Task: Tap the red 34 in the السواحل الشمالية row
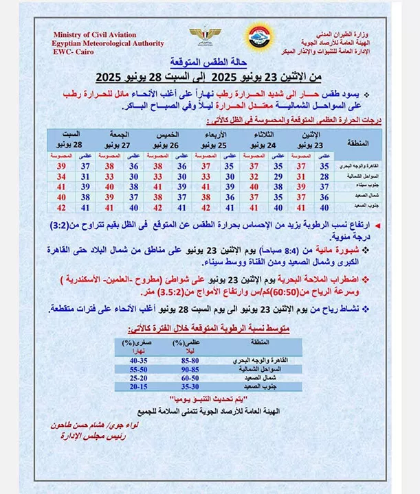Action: [61, 176]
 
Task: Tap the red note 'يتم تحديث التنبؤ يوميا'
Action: [210, 399]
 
